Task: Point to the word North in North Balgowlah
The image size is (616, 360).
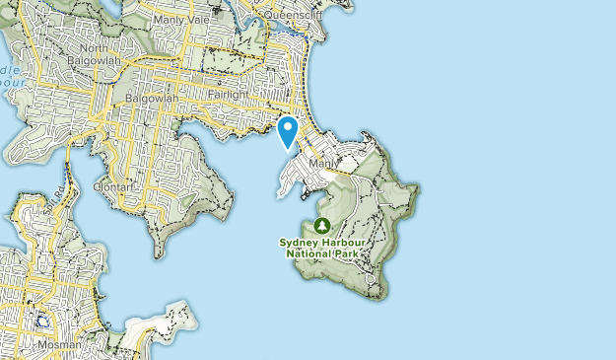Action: [x=95, y=48]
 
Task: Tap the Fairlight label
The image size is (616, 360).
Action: [x=231, y=96]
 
